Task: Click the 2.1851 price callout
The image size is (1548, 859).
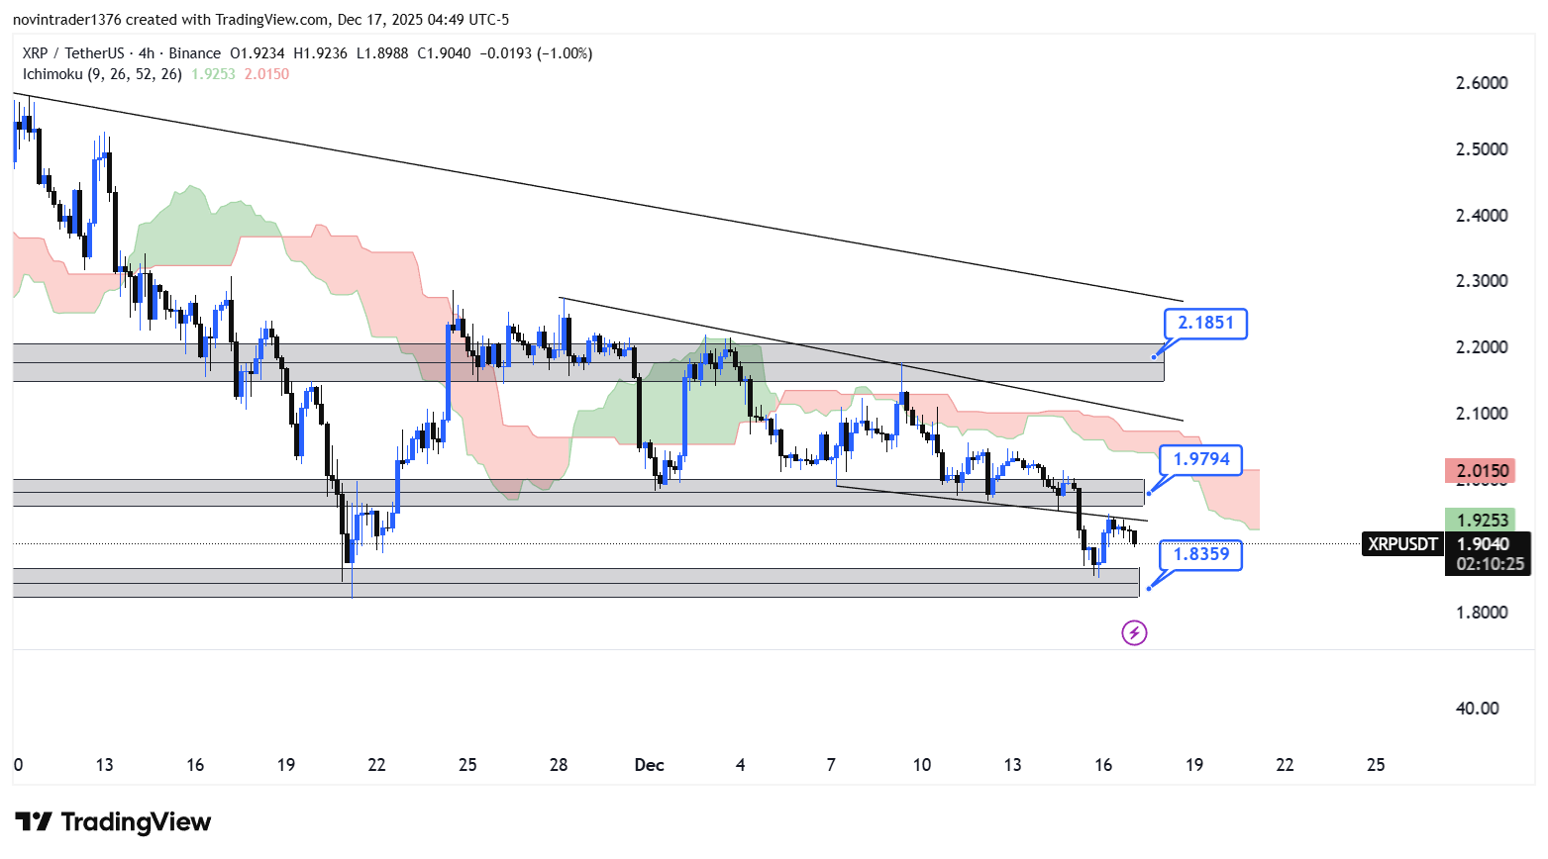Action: click(1205, 324)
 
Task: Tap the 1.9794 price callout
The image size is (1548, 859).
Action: click(1200, 459)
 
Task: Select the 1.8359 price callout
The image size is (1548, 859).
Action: click(1200, 554)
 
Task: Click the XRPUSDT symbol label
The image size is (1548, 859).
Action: click(1402, 543)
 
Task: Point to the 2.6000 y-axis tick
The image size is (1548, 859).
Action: click(1482, 83)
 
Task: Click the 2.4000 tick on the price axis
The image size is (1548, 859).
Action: click(1482, 216)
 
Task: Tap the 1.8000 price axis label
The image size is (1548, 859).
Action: click(1482, 613)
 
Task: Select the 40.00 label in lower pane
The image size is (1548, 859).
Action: click(1477, 709)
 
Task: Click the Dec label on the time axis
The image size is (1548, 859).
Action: click(649, 765)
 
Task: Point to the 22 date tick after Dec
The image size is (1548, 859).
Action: click(1285, 765)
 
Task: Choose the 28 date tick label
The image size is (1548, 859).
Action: click(559, 765)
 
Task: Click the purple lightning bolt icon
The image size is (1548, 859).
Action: click(1134, 632)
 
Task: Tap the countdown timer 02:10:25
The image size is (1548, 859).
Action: click(1490, 564)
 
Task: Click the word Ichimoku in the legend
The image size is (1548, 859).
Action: click(52, 74)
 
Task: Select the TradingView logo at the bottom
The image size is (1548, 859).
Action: click(113, 822)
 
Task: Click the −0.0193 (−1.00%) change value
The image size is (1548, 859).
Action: click(536, 53)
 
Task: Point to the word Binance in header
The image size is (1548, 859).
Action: click(194, 53)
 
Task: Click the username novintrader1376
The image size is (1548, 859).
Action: click(66, 20)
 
